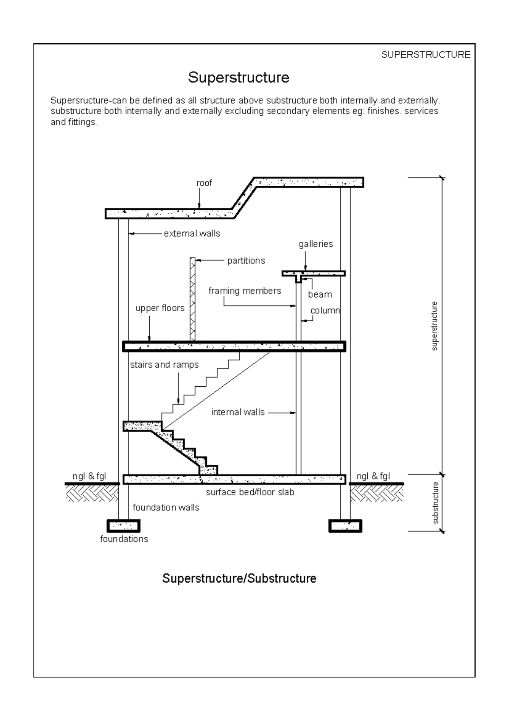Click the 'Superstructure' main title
pos(238,78)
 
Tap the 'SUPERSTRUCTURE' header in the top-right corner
pos(425,55)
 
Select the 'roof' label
pos(204,183)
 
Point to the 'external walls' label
pos(192,233)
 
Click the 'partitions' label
pos(246,261)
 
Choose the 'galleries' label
pos(316,244)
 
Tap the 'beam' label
pos(320,294)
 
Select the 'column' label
pos(325,310)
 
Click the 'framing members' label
pos(245,291)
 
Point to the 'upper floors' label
pos(160,308)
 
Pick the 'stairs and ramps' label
pos(164,365)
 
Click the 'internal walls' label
pos(238,412)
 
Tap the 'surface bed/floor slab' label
pos(250,492)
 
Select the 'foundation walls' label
pos(166,508)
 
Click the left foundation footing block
pos(123,526)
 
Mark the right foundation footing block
pos(345,526)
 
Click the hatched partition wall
pos(193,299)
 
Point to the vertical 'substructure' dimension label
pos(435,503)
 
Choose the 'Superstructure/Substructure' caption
pos(239,578)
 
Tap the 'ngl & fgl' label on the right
pos(373,476)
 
